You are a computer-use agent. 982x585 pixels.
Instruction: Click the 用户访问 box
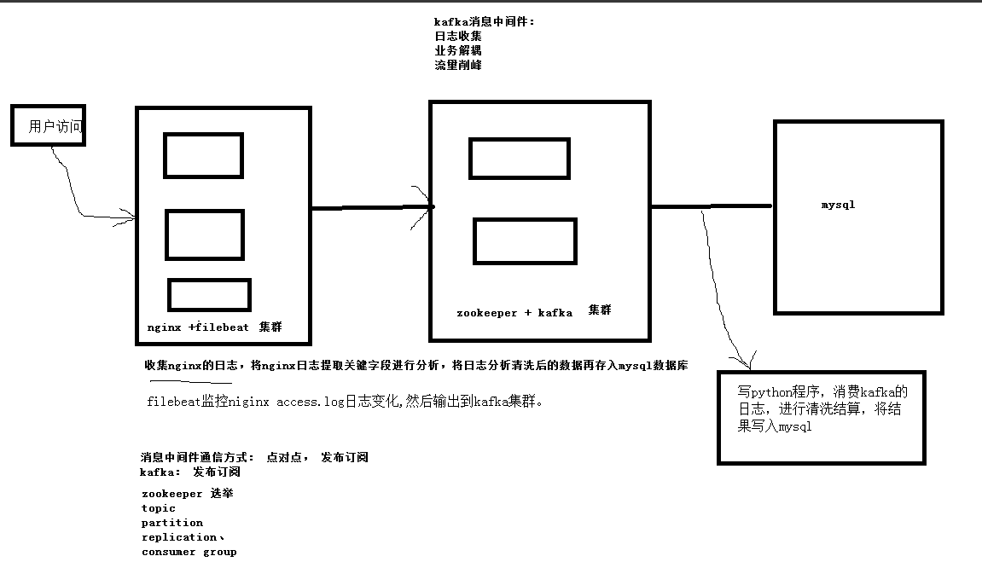(x=48, y=126)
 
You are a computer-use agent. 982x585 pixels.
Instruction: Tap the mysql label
(x=838, y=205)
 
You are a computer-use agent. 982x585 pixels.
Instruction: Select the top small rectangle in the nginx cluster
(x=203, y=155)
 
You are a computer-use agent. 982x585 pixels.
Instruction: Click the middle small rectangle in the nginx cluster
(x=204, y=235)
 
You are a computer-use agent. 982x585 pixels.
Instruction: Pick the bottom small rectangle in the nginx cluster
(x=209, y=295)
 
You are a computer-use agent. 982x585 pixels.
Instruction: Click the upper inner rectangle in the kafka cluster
(x=519, y=159)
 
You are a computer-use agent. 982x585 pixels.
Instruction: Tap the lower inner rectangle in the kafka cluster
(x=525, y=241)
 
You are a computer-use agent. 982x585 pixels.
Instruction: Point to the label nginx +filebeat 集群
(x=214, y=327)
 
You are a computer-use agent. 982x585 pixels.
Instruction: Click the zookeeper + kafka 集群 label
(x=533, y=312)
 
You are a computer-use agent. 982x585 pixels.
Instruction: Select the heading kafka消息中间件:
(x=484, y=21)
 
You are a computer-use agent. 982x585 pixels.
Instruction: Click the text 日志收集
(x=458, y=36)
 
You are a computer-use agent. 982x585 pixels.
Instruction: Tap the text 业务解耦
(x=458, y=50)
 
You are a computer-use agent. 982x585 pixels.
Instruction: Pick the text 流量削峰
(x=458, y=65)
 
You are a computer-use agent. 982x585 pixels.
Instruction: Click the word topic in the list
(x=159, y=508)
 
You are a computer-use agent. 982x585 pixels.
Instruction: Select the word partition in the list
(x=172, y=523)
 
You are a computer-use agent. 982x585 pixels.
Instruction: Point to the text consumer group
(x=189, y=552)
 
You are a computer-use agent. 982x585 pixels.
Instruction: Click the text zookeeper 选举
(x=187, y=494)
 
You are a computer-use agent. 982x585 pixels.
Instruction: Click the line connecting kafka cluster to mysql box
(x=711, y=206)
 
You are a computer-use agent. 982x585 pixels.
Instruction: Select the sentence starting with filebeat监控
(x=345, y=402)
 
